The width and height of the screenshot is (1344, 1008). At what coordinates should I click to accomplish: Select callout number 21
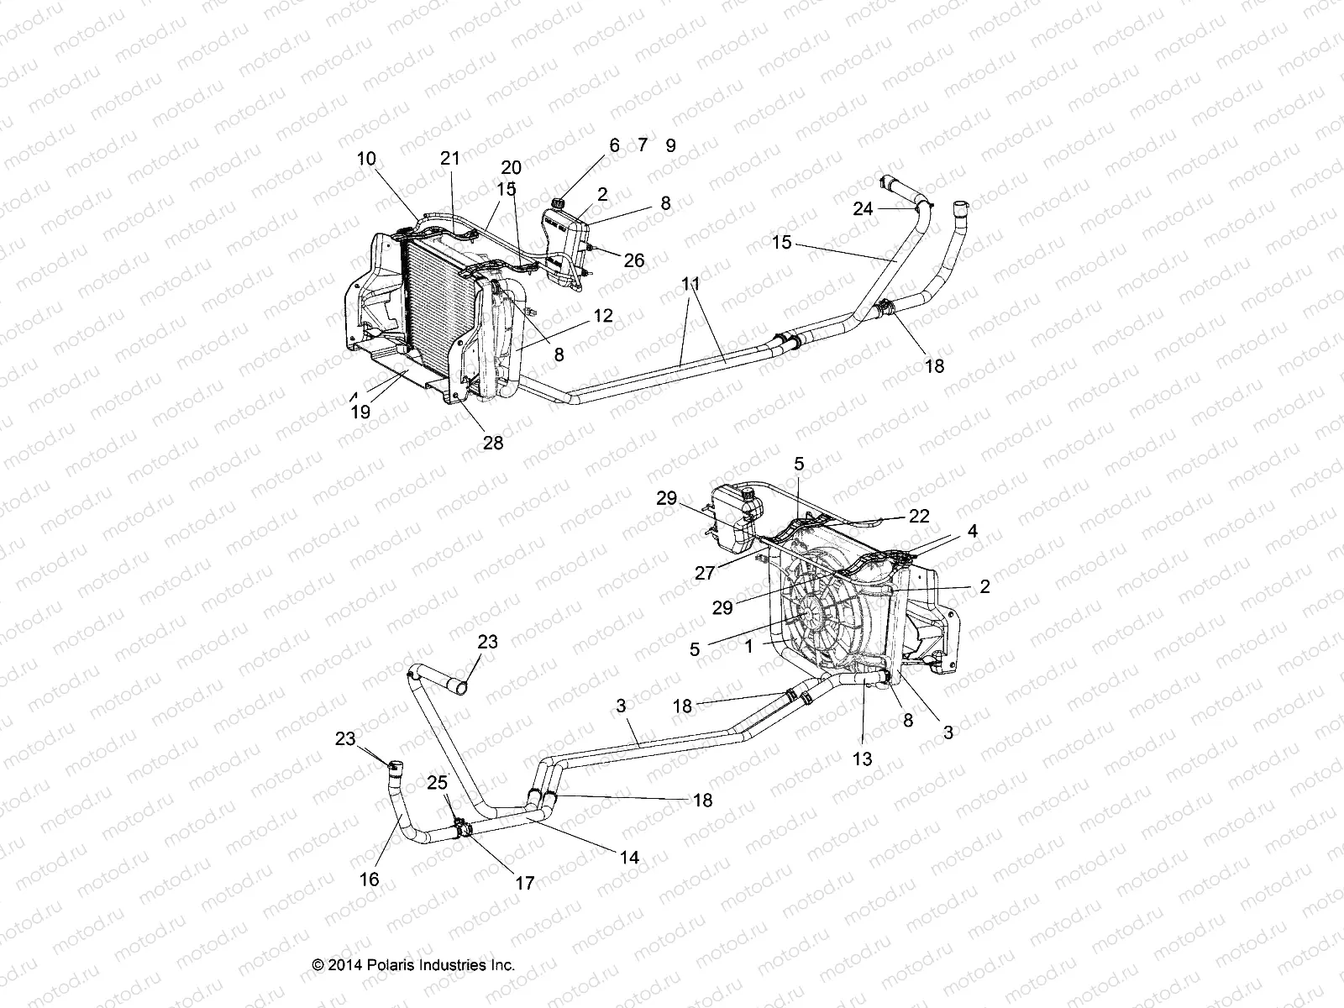click(451, 158)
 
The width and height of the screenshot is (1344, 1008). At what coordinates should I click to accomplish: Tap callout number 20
click(511, 168)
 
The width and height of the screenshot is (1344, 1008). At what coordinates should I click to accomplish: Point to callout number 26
click(634, 260)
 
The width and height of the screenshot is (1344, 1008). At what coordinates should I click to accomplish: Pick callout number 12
click(602, 316)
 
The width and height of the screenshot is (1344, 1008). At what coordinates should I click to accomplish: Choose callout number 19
click(361, 412)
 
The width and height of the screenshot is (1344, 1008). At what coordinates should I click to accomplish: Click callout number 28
click(493, 442)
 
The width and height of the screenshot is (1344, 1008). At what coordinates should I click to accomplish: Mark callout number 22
click(919, 516)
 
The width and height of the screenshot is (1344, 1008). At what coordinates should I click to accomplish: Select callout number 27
click(705, 573)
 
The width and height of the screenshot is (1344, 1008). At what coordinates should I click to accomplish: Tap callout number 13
click(862, 759)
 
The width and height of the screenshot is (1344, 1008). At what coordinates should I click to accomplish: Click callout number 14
click(629, 857)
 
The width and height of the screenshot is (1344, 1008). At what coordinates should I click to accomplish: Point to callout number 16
click(369, 879)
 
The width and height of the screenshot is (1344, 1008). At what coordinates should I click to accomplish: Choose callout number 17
click(525, 883)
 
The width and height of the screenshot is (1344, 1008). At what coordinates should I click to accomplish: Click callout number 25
click(437, 783)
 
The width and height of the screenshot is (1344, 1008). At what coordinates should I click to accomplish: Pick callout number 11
click(690, 285)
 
